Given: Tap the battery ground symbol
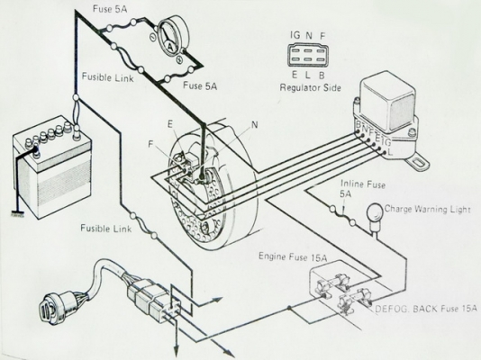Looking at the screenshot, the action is tap(18, 214).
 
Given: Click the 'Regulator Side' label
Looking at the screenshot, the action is tap(310, 88).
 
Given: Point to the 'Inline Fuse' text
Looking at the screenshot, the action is tap(363, 184).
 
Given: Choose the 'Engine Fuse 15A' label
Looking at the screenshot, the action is tap(293, 256).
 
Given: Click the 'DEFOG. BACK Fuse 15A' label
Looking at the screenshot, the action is tap(426, 309).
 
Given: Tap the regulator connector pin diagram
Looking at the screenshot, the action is tap(308, 56).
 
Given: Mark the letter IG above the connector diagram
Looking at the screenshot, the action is tap(295, 35).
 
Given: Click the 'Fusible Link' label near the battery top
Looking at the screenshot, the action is tap(108, 77).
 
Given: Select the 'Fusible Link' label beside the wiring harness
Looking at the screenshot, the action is tap(105, 229).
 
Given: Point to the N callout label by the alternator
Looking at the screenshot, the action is tap(254, 125).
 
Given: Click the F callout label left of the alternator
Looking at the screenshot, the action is tap(150, 144).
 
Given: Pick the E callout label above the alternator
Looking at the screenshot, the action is tap(170, 124).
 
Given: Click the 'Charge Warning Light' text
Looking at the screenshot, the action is tap(427, 210).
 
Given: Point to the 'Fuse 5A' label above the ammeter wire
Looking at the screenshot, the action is tap(110, 9).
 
